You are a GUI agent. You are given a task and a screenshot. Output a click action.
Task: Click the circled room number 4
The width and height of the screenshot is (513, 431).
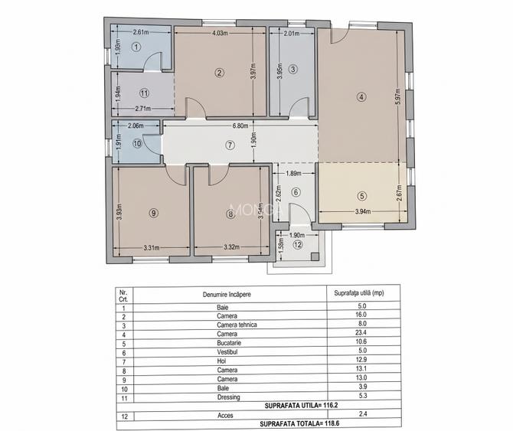(361, 96)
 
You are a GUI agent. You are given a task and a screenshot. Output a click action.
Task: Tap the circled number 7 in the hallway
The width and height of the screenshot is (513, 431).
(229, 145)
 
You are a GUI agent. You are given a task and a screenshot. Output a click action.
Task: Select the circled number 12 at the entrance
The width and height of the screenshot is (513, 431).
(298, 245)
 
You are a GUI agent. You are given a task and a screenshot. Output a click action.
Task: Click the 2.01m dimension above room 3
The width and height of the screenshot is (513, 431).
(291, 34)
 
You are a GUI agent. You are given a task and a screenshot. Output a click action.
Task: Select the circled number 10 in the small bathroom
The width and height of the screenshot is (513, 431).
(137, 142)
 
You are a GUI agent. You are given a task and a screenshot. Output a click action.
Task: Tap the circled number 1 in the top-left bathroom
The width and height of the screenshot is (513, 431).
(136, 47)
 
